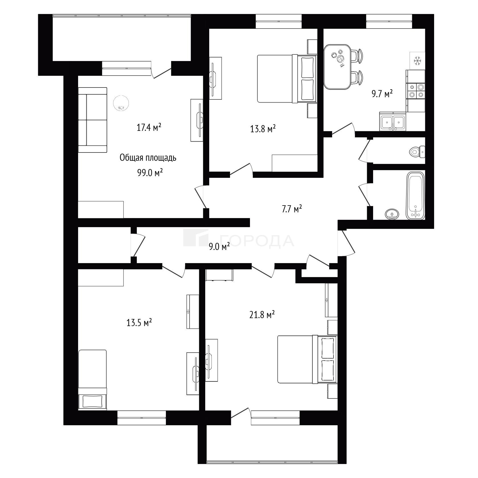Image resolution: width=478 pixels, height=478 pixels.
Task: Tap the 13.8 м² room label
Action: pos(263,129)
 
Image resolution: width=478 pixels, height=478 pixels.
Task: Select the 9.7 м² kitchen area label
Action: pos(382,93)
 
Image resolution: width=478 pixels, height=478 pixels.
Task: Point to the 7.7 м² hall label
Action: pos(292,209)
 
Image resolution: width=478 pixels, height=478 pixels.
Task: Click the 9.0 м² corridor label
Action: pos(219,247)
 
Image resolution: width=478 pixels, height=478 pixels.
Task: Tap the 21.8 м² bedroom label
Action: pos(262,315)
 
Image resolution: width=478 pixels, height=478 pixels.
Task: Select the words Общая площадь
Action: pos(148,158)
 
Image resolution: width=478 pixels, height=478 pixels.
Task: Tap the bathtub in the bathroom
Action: pos(416,196)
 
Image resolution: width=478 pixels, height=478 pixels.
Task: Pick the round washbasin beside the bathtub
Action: pos(392,214)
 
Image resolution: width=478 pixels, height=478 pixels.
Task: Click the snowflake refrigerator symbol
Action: pos(418,60)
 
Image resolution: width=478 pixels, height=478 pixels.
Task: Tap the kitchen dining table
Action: pos(337,67)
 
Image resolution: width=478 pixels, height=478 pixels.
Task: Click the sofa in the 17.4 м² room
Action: pos(93,120)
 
